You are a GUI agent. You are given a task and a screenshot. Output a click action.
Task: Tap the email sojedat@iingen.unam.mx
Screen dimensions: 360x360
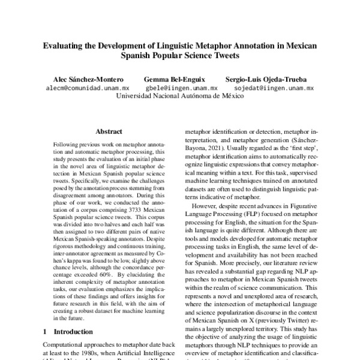274,88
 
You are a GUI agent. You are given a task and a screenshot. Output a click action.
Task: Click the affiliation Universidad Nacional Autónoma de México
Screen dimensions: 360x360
180,96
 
